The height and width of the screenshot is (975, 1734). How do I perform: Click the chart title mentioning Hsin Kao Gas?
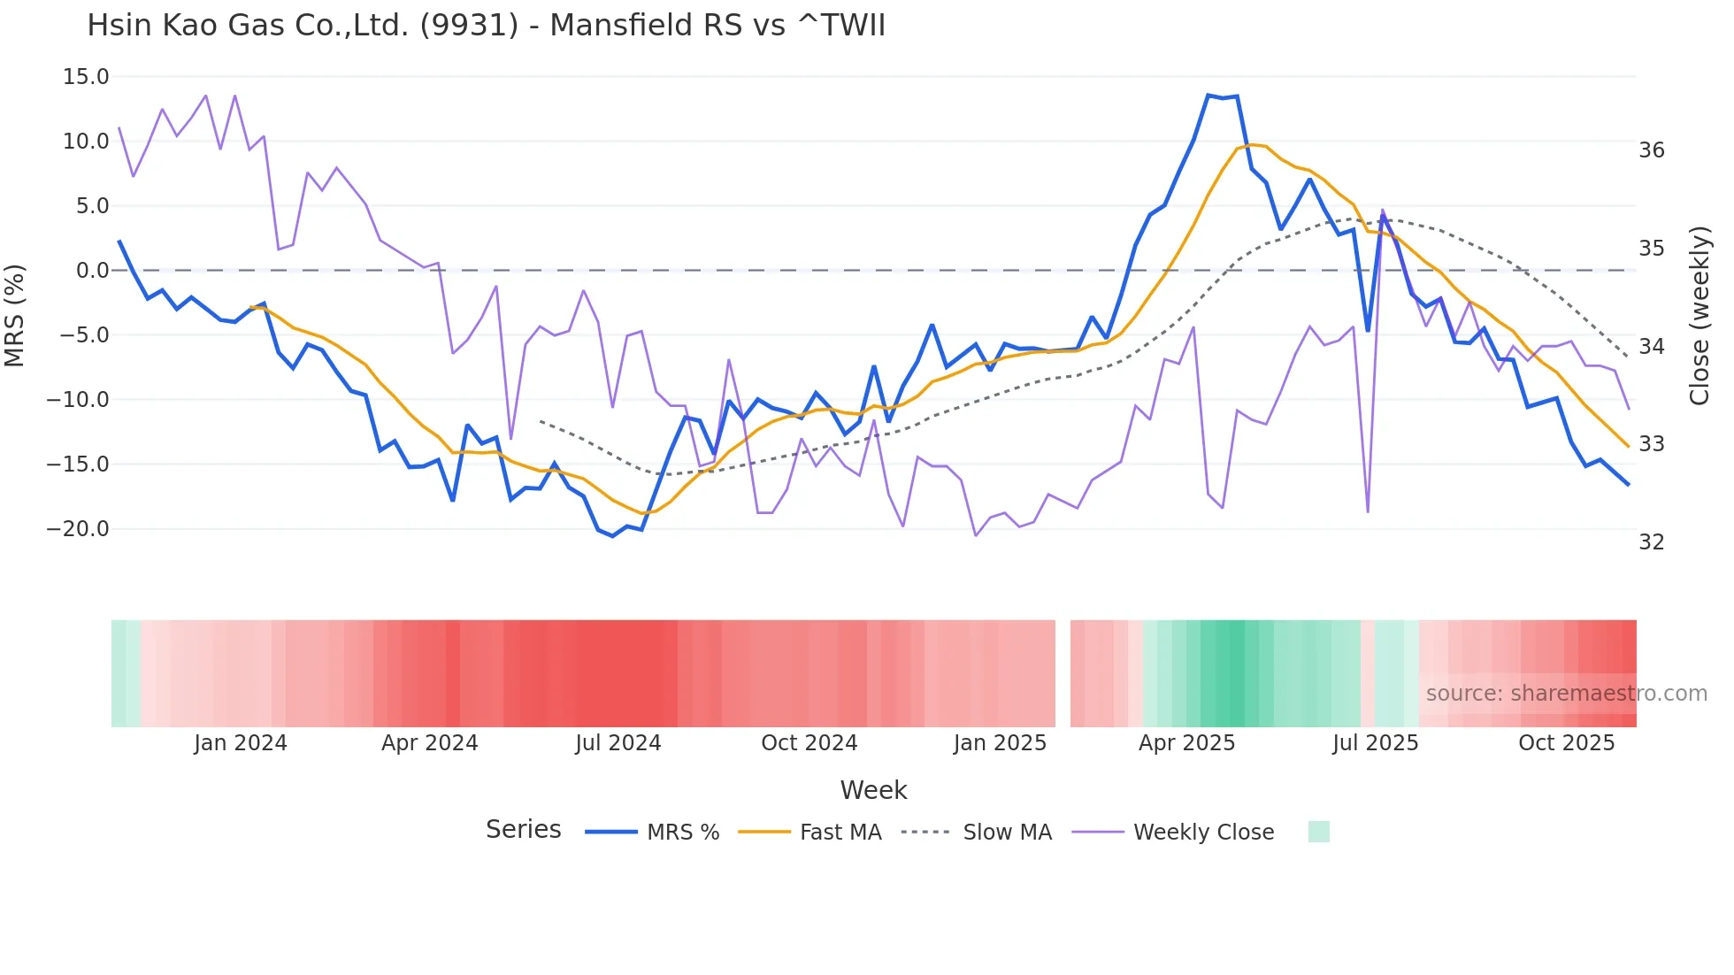[x=486, y=26]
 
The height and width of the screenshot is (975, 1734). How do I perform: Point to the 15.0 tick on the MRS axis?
[x=86, y=77]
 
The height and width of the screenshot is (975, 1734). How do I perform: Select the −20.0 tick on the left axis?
[x=78, y=529]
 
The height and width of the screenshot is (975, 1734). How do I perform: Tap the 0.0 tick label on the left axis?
[x=92, y=271]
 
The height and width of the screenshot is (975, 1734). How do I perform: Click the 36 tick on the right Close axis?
[x=1651, y=150]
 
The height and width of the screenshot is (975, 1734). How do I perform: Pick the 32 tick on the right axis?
[x=1651, y=541]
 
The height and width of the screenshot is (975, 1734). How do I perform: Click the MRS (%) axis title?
[x=15, y=315]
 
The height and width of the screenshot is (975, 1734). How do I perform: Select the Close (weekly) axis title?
[x=1699, y=316]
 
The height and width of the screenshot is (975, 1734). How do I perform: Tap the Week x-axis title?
[x=873, y=790]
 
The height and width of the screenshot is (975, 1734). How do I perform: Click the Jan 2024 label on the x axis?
[x=241, y=743]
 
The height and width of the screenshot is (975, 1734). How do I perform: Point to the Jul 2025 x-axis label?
[x=1375, y=743]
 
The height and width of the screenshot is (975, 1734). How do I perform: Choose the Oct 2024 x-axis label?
[x=809, y=743]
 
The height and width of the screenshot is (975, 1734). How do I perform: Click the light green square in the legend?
[x=1318, y=832]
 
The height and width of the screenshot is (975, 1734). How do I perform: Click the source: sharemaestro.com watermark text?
[x=1566, y=694]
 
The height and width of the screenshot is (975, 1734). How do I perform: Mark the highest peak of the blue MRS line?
[x=1208, y=96]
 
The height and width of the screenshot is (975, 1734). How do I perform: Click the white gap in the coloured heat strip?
[x=1063, y=673]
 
